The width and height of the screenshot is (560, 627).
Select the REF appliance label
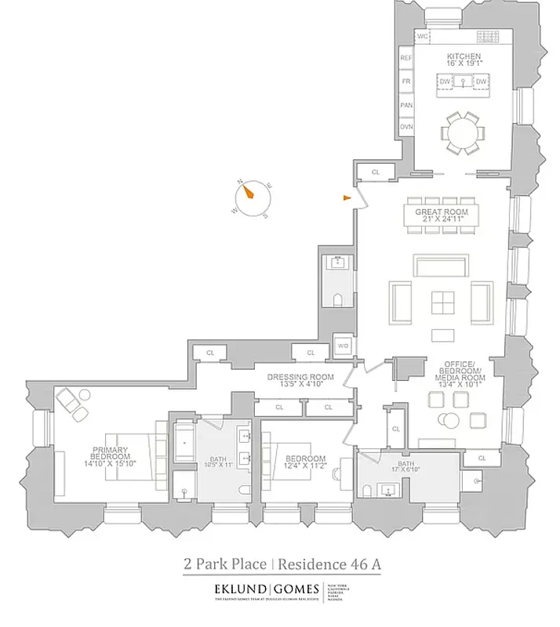click(406, 58)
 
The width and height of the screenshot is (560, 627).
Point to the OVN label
click(406, 126)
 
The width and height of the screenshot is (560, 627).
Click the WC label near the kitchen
click(423, 37)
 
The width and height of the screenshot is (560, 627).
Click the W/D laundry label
click(343, 345)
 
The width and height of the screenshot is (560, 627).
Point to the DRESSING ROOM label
click(300, 377)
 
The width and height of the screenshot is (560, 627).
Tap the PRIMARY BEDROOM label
click(109, 452)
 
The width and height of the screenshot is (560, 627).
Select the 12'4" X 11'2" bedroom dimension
click(305, 467)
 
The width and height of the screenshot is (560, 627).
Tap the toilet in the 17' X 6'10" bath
click(367, 491)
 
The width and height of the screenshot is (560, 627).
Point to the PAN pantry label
click(406, 104)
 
